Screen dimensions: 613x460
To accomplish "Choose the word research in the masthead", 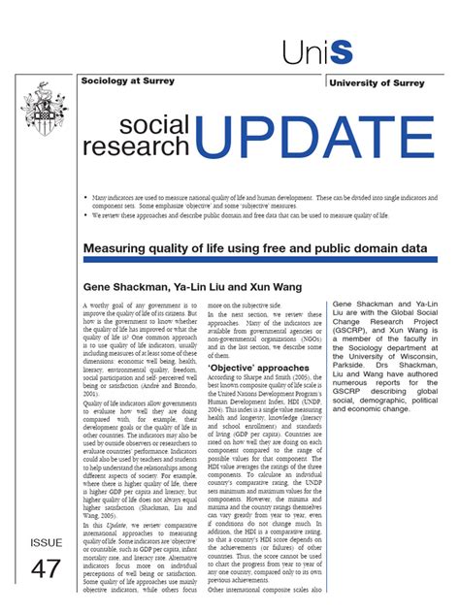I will [x=136, y=146].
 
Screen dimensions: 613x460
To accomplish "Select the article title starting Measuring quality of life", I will [x=255, y=249].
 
